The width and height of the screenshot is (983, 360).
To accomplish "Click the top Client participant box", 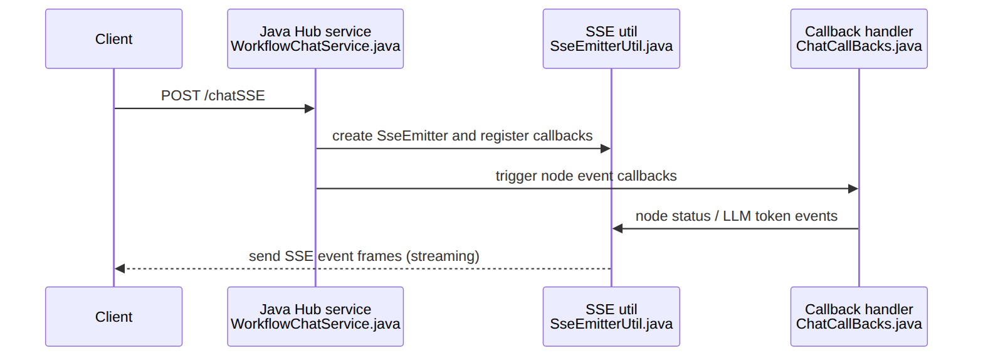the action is coord(113,39).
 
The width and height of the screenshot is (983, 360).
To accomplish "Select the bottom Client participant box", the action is coord(113,317).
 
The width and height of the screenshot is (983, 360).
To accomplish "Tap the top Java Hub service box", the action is coord(315,39).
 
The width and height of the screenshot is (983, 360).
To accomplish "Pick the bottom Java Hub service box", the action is coord(315,317).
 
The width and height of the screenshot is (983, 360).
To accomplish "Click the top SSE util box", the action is coord(611,39).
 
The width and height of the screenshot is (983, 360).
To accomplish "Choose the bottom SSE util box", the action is coord(611,317).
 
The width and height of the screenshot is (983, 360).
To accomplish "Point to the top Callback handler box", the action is coord(859,39).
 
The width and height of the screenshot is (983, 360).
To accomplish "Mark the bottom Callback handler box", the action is coord(859,317).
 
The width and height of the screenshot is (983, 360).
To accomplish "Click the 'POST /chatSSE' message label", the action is coord(213,96).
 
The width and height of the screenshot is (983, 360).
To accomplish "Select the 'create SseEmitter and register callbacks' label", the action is coord(463,135).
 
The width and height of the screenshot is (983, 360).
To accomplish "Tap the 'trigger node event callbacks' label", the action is coord(586,176).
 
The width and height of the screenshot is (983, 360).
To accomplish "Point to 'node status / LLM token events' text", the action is coord(737,216).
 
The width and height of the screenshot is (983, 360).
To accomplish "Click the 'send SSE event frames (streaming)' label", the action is coord(364,256).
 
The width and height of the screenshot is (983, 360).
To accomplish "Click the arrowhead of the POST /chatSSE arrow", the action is coord(310,109).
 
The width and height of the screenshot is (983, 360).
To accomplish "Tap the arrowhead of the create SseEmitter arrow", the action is coord(606,149).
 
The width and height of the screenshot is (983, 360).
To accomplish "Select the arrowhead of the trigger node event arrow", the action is coord(853,189).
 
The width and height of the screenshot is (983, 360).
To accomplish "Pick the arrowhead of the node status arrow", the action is coord(618,229).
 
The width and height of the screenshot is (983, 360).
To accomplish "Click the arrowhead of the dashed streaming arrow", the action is coord(120,268).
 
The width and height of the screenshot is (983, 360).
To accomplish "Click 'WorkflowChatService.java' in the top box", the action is coord(315,46).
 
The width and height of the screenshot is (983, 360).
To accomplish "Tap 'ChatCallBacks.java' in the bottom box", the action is coord(859,324).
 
